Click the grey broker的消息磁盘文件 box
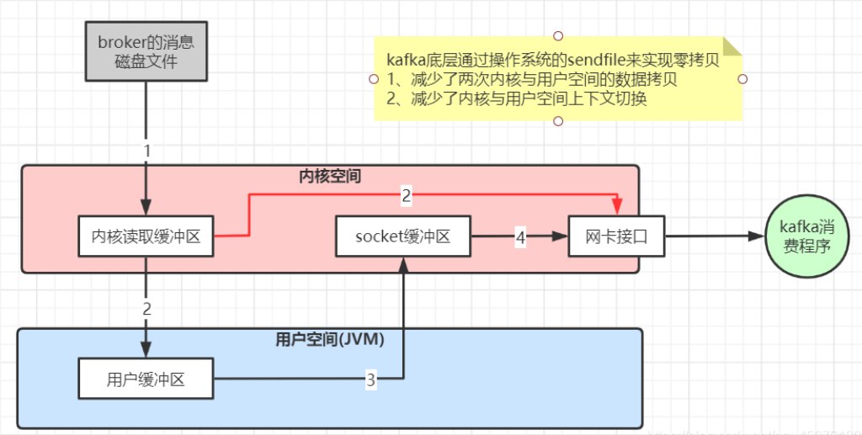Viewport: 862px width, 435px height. tap(146, 52)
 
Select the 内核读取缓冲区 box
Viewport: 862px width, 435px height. tap(146, 237)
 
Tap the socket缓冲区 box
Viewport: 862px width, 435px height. tap(402, 236)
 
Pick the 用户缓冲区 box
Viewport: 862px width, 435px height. tap(146, 379)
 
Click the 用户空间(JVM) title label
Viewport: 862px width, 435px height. tap(330, 340)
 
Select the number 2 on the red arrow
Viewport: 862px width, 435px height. tap(406, 196)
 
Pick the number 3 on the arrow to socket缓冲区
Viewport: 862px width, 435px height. tap(370, 379)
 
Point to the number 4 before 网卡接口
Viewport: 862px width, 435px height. tap(520, 238)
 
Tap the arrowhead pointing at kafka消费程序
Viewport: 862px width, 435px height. tap(757, 237)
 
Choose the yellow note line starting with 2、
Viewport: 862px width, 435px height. tap(522, 98)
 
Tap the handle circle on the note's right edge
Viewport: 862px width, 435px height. tap(742, 79)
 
